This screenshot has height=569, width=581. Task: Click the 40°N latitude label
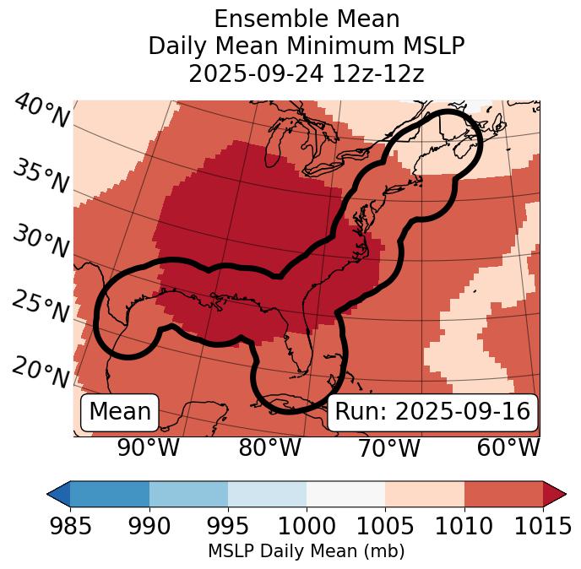click(41, 111)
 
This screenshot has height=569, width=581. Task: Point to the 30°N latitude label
click(40, 241)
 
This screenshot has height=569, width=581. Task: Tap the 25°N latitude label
click(40, 306)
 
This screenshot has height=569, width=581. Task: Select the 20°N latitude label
click(40, 371)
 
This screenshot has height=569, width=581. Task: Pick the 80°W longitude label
click(270, 448)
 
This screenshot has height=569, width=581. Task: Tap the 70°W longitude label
click(390, 448)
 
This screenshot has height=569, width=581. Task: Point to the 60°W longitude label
click(508, 448)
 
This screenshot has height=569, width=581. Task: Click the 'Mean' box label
click(120, 412)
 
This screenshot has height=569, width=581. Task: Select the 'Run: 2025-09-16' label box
click(432, 412)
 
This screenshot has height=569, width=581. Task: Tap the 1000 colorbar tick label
click(306, 527)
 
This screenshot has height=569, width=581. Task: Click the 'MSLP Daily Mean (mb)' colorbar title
click(306, 552)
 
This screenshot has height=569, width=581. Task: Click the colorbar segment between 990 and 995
click(188, 493)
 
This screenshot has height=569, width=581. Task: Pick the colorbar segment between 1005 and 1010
click(425, 493)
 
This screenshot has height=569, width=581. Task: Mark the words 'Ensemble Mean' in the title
click(306, 19)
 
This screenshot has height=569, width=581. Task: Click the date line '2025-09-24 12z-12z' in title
click(306, 73)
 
